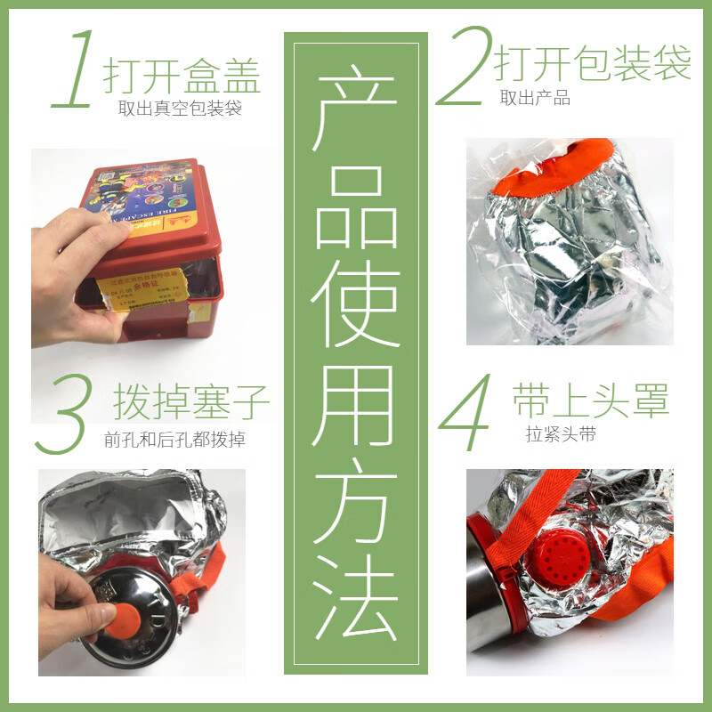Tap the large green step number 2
465,67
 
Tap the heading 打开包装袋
592,64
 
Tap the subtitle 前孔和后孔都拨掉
174,439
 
